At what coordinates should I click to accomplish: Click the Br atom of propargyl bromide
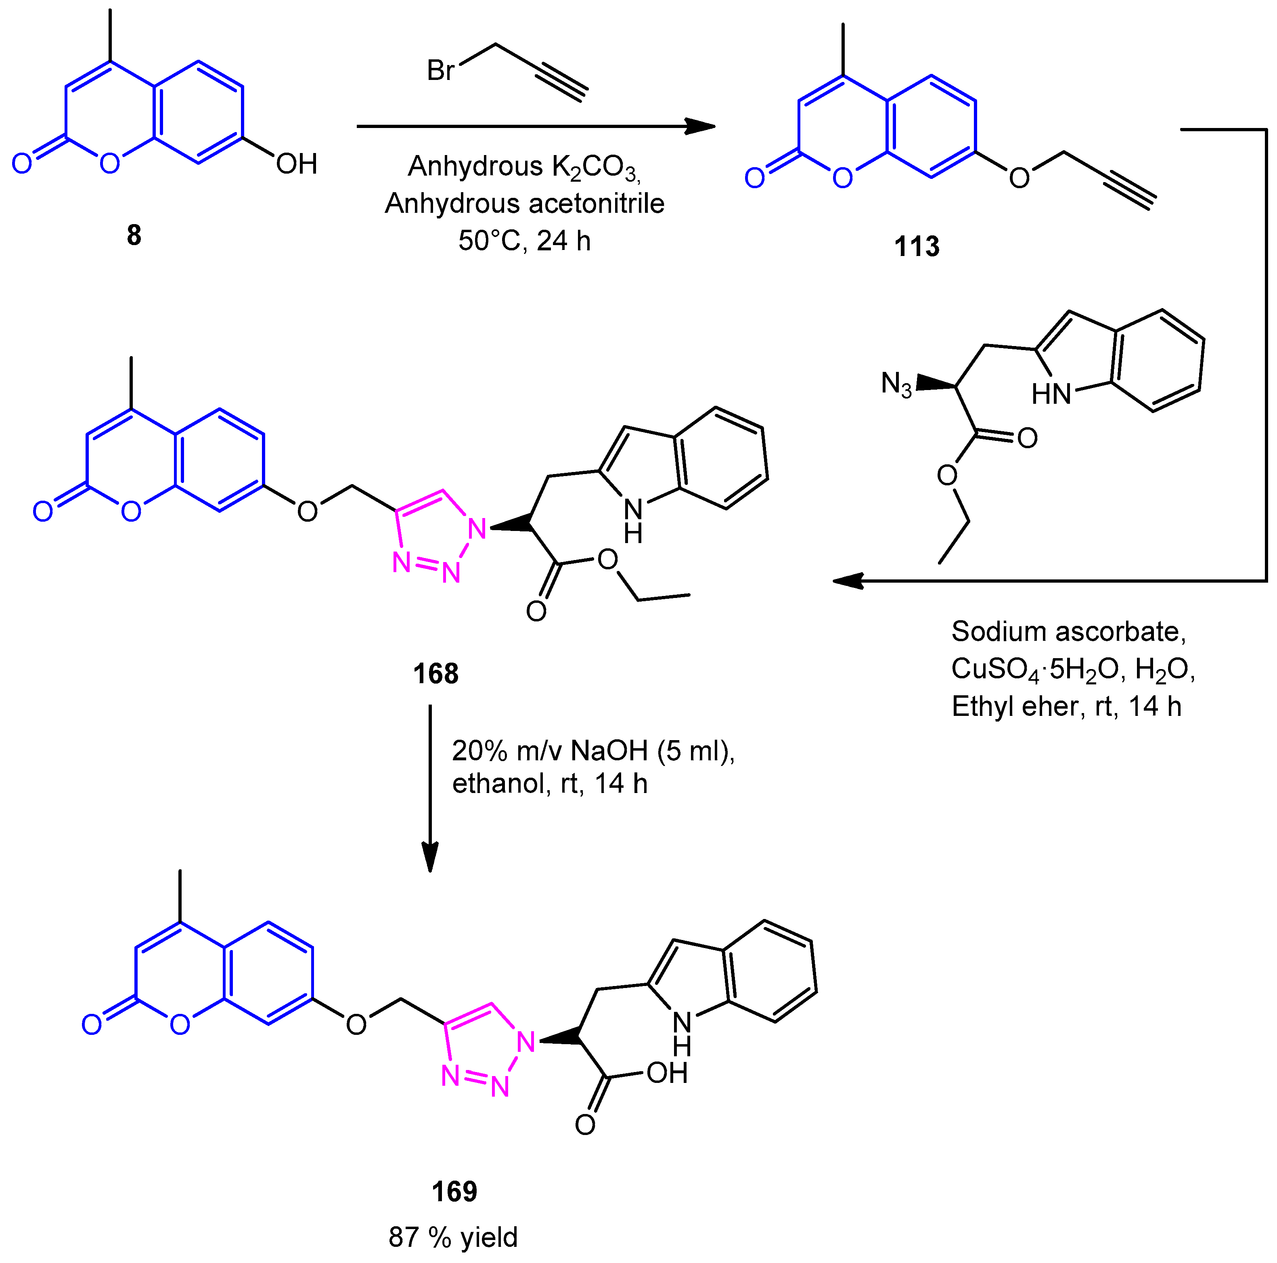[440, 70]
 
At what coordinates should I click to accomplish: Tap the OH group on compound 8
[297, 164]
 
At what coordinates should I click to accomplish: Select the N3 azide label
[896, 384]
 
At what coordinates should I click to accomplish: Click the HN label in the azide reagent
[1051, 394]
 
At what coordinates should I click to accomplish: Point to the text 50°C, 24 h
[524, 241]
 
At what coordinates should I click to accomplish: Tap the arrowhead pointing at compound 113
[701, 126]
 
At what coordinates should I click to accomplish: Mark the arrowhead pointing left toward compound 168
[848, 581]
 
